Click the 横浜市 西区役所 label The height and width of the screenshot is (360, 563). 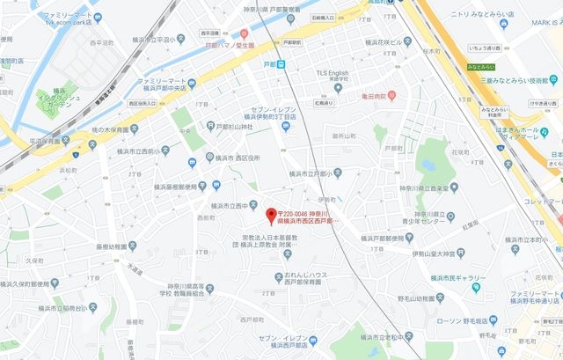[237, 158]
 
